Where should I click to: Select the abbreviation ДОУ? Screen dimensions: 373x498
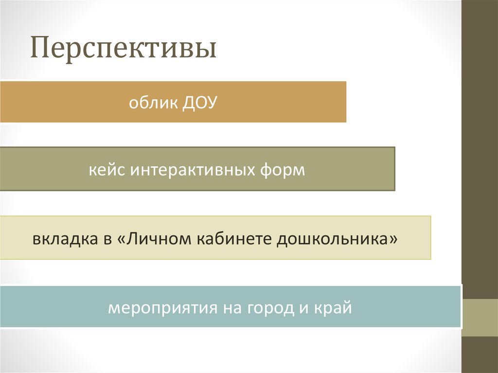click(x=198, y=104)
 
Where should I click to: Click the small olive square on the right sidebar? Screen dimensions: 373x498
click(x=480, y=317)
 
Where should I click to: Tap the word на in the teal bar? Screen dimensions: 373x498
click(x=231, y=308)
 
